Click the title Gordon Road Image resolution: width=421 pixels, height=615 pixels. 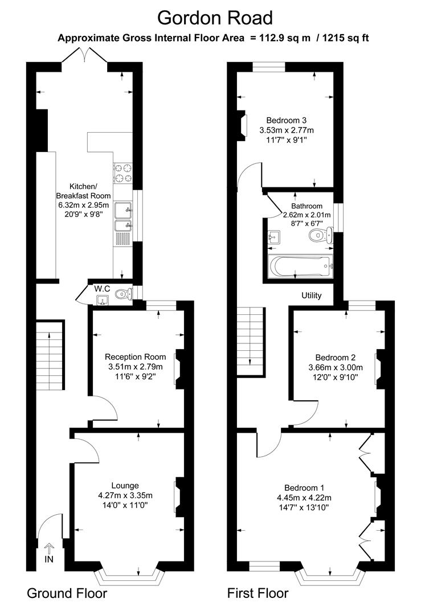tap(215, 18)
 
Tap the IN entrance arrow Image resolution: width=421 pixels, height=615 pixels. tap(48, 549)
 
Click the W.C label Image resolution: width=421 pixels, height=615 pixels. tap(103, 288)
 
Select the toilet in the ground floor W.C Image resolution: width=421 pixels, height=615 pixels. tap(122, 294)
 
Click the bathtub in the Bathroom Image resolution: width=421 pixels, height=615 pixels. tap(299, 265)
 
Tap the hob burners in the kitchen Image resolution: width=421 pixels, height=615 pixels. tap(123, 173)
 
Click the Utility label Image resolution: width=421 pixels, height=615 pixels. tap(312, 296)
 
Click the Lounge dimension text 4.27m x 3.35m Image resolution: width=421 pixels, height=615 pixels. tap(125, 495)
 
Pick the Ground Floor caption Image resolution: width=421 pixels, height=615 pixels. tap(67, 593)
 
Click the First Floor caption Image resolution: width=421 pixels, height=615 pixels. tap(258, 593)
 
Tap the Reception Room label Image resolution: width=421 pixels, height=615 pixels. tap(136, 356)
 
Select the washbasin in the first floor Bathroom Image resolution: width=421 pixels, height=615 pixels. tap(275, 236)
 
